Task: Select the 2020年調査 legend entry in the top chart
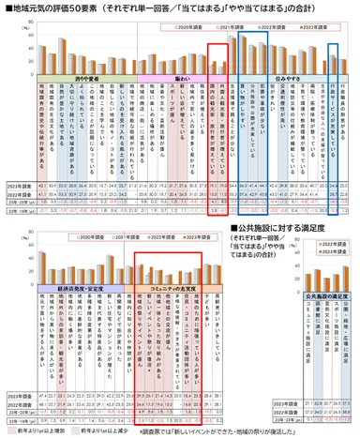(x=198, y=29)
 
